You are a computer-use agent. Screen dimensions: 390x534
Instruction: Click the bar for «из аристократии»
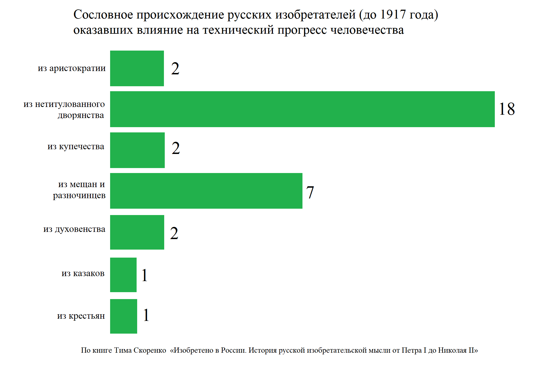click(137, 68)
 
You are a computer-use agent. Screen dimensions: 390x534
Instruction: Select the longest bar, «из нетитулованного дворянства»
click(302, 109)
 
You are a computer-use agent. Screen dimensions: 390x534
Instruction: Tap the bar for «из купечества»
click(137, 150)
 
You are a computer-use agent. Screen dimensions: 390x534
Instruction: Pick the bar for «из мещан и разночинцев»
click(206, 191)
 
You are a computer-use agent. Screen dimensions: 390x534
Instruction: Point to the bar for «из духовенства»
click(137, 232)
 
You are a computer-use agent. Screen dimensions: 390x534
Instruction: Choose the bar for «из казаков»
click(123, 275)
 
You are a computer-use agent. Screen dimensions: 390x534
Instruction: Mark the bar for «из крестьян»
click(123, 316)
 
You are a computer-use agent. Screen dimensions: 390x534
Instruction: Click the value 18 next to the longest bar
click(507, 109)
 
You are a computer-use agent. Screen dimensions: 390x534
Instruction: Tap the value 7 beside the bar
click(310, 192)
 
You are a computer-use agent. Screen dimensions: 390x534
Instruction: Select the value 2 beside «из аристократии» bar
click(175, 69)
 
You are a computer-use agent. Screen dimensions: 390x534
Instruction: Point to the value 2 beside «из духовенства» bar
click(174, 233)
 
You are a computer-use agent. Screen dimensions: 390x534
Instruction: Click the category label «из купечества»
click(76, 146)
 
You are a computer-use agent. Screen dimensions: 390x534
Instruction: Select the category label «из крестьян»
click(81, 316)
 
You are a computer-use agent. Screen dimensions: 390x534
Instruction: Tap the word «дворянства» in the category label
click(81, 115)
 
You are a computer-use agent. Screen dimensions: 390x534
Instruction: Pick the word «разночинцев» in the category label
click(79, 195)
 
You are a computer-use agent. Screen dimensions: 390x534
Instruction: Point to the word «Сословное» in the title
click(103, 15)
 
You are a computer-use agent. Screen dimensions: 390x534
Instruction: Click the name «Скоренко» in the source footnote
click(150, 350)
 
